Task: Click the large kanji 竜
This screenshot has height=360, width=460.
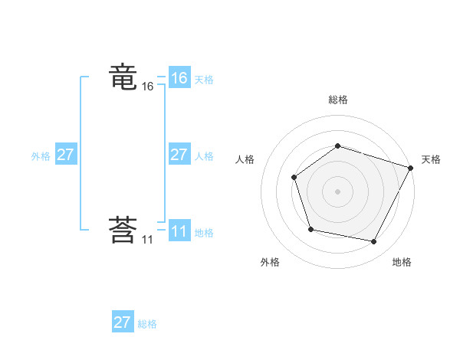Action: coord(123,78)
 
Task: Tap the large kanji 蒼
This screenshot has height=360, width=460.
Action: coord(123,231)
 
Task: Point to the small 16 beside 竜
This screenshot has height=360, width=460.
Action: coord(147,87)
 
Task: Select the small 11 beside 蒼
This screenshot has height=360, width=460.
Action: coord(146,240)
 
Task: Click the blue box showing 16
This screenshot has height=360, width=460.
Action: coord(179,78)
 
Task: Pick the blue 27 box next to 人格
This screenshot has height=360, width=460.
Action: coord(179,155)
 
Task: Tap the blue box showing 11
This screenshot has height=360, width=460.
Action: coord(179,231)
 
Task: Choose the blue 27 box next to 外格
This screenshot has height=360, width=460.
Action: coord(65,155)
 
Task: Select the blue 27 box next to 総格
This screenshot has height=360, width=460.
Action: coord(122,322)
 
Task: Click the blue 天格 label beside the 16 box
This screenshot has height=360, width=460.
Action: coord(204,79)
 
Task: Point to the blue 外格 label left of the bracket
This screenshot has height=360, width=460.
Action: coord(41,155)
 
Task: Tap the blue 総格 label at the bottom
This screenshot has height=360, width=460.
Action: coord(147,324)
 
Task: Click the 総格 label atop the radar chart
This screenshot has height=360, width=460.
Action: coord(337,100)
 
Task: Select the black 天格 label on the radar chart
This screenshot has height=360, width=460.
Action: coord(431,159)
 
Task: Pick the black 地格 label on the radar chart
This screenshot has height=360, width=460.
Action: coord(402,262)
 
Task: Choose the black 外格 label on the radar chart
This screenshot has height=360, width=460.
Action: coord(270,262)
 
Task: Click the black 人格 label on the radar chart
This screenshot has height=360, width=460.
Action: coord(245,159)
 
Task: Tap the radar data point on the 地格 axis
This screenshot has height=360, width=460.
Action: coord(374,242)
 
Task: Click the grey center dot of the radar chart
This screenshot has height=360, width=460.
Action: coord(337,191)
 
